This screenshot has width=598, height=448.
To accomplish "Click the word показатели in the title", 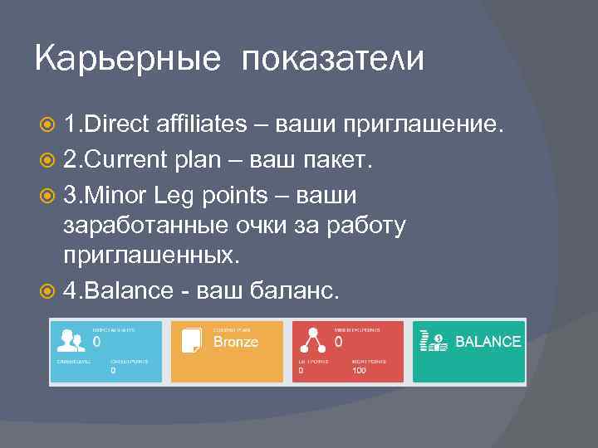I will point(333,61).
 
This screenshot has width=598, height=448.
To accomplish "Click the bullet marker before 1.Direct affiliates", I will point(48,125).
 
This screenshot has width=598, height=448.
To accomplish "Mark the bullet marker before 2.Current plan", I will point(48,160).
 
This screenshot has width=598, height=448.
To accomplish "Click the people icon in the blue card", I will point(69,341).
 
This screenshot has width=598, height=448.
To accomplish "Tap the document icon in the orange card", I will point(192,341).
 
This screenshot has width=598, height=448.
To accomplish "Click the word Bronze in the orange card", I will point(236,342).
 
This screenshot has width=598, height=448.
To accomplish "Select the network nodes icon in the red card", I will point(312,341).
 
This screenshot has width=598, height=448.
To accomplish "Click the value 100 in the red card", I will point(359,371).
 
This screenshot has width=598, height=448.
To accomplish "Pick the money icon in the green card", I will point(434,341).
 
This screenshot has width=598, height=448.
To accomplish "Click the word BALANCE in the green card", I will point(488,342).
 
